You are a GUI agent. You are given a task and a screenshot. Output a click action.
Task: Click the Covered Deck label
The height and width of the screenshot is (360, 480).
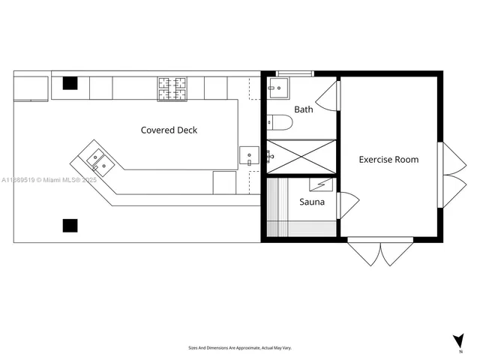169,130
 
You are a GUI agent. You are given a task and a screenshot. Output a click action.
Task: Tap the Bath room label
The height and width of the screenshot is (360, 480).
304,109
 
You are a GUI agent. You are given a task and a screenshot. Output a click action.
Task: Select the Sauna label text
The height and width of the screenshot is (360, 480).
311,202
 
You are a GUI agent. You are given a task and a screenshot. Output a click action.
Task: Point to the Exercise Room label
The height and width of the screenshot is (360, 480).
388,159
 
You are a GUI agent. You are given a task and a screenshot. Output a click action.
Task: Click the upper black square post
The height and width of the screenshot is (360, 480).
70,83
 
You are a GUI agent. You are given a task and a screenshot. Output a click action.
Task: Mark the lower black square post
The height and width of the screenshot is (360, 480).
70,224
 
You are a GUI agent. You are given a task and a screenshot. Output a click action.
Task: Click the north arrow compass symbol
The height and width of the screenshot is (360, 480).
458,342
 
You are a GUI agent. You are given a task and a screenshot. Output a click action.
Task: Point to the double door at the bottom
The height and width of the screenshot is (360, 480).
380,252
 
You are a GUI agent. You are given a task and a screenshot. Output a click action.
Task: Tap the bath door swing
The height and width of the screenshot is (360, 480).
328,97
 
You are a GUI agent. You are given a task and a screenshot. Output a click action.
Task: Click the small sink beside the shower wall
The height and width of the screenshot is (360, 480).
248,156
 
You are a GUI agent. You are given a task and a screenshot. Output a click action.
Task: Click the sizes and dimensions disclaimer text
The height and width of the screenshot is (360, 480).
240,348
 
